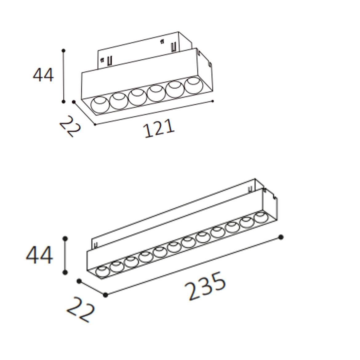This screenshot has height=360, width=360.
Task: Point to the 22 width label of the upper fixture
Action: tap(70, 126)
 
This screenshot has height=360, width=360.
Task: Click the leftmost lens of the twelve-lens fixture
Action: tap(102, 272)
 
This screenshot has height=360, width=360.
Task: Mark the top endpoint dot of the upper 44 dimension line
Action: tap(63, 50)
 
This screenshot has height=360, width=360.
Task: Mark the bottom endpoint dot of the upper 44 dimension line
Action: tap(63, 101)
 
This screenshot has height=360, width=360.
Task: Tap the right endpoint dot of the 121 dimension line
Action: tap(213, 101)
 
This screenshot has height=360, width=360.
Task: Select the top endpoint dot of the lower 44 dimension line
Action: tap(65, 238)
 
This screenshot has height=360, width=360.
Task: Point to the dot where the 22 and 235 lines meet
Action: tap(106, 295)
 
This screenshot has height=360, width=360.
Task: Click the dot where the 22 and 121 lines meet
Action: tap(95, 124)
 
